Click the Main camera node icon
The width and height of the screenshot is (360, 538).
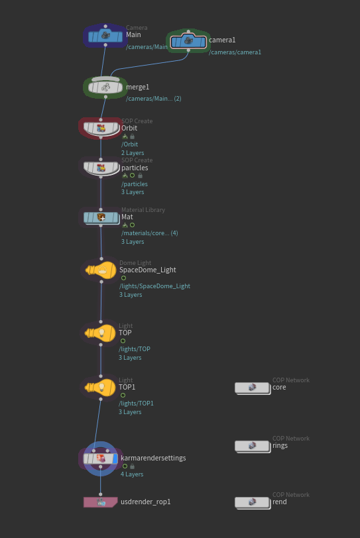[105, 36]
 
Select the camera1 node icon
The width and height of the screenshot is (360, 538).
[188, 42]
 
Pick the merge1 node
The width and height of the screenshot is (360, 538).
[105, 87]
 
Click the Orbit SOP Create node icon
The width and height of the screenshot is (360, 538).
[101, 129]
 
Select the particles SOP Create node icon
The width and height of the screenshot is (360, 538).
[101, 168]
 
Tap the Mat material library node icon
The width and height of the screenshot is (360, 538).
[101, 217]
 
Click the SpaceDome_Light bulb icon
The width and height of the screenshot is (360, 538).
[101, 270]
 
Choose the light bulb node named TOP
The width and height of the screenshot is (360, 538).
[100, 333]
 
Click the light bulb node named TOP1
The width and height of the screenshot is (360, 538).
[100, 388]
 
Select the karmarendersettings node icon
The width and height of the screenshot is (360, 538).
[101, 458]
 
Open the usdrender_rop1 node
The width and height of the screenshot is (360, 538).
[100, 502]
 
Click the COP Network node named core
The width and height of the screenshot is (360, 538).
[253, 388]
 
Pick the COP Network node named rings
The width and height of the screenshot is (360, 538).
[253, 446]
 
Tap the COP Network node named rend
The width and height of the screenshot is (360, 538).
[253, 503]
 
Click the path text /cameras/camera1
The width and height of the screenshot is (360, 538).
[235, 52]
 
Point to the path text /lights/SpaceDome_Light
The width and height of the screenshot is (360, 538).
[154, 286]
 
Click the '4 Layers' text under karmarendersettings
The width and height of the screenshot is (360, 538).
[132, 474]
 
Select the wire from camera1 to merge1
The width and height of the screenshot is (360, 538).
[149, 65]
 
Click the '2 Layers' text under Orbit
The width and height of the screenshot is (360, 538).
[133, 152]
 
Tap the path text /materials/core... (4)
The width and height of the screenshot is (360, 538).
[150, 233]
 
